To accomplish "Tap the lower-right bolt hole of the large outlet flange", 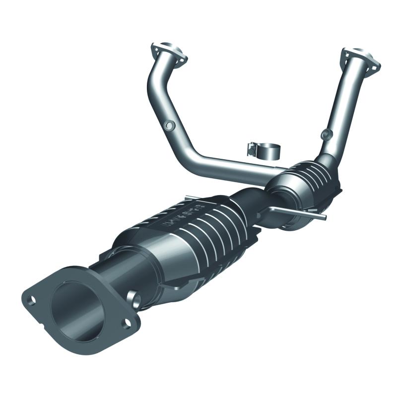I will click(127, 323).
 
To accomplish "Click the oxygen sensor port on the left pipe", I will click(169, 126).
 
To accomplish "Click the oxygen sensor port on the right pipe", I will click(326, 133).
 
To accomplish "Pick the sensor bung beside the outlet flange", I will click(134, 298).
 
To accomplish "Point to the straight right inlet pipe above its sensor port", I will click(342, 99).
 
